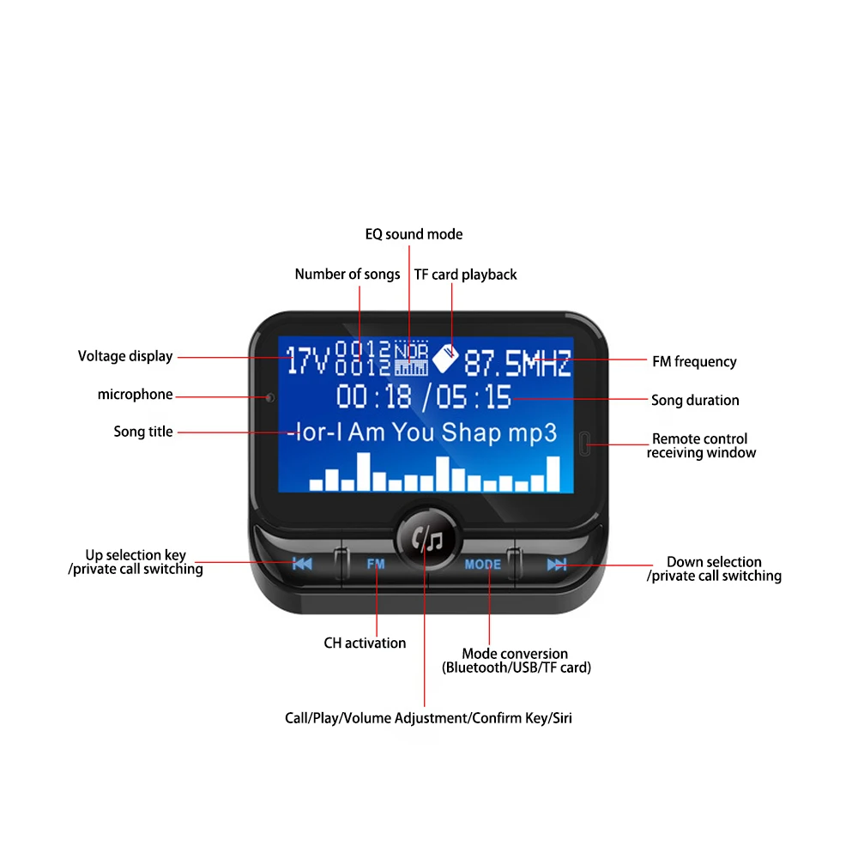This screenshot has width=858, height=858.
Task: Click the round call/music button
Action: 426,539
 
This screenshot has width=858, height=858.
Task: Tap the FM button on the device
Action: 376,565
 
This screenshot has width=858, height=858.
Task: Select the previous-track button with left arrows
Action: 302,564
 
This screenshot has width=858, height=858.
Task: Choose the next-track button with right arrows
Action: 557,564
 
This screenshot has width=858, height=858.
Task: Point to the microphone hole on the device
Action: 270,397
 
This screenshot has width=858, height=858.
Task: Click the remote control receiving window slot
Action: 585,444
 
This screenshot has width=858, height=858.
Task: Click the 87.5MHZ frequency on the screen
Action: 517,364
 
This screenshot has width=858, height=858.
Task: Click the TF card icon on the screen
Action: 444,358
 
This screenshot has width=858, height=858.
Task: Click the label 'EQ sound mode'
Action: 414,234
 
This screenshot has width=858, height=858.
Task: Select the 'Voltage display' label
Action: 125,356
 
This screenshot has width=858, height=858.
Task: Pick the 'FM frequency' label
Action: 694,361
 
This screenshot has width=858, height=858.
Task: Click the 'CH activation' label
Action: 365,643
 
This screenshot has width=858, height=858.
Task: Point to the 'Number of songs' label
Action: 347,275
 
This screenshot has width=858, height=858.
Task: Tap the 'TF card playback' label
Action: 466,275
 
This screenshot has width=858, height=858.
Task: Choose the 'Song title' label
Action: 143,432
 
